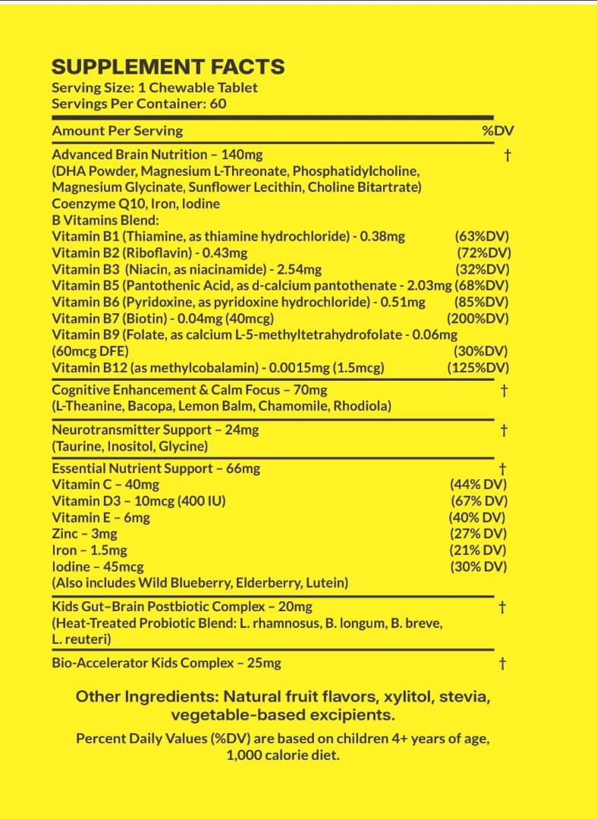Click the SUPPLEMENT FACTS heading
tap(168, 67)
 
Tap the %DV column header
tap(498, 130)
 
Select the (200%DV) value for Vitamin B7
tap(477, 318)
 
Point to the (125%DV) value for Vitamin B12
tap(478, 368)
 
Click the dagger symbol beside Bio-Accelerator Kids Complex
tap(502, 664)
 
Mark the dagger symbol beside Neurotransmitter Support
tap(503, 431)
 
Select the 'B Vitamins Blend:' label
tap(105, 220)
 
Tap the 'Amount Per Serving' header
tap(117, 130)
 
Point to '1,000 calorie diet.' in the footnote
tap(283, 755)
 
